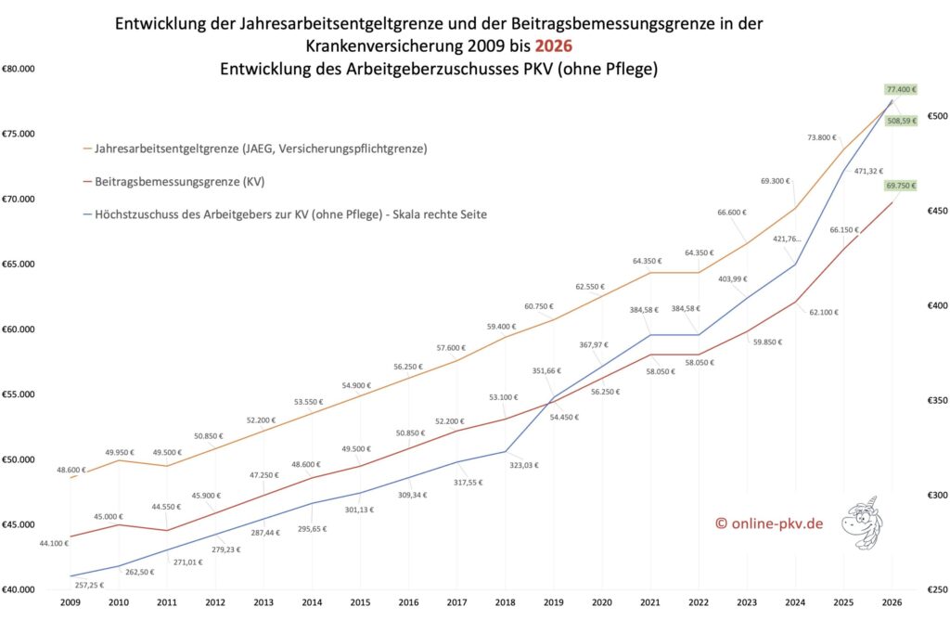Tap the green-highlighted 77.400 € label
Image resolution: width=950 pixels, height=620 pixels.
899,90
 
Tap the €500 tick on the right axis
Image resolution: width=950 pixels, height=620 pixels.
933,116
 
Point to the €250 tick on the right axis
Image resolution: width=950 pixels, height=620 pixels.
933,589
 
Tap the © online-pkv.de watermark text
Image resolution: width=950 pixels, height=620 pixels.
768,523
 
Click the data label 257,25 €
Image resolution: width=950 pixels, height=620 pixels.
89,585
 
